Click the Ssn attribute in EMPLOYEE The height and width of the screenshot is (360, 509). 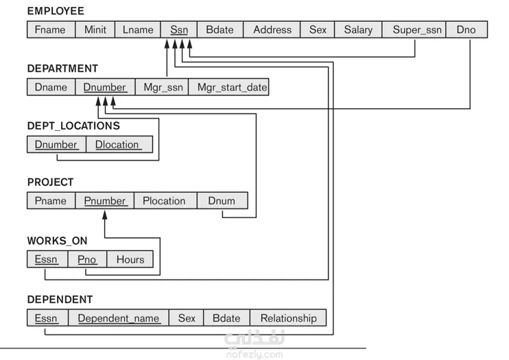click(x=179, y=29)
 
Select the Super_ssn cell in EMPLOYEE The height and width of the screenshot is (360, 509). click(x=414, y=29)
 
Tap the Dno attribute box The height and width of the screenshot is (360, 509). click(x=466, y=29)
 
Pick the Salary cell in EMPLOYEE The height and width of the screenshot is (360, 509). click(x=358, y=29)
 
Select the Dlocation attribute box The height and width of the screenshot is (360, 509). click(x=119, y=145)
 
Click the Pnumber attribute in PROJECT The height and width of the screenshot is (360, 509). click(x=104, y=201)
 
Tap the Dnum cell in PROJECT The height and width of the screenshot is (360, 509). click(x=222, y=201)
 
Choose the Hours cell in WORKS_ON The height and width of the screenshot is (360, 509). click(x=130, y=259)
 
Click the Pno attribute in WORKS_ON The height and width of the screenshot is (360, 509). click(x=87, y=259)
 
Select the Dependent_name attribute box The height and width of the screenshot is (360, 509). click(x=119, y=317)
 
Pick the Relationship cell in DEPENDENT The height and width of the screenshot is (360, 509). click(x=288, y=317)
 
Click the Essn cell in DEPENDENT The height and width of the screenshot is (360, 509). click(x=47, y=317)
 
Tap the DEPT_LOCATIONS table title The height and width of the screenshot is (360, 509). click(x=73, y=125)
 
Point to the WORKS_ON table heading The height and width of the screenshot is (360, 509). click(x=58, y=241)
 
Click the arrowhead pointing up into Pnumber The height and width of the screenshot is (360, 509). click(x=105, y=215)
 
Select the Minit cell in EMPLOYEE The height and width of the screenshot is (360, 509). click(x=95, y=29)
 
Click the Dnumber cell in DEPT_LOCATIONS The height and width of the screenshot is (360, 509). click(x=56, y=145)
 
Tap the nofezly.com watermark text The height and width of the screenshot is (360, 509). click(x=254, y=354)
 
